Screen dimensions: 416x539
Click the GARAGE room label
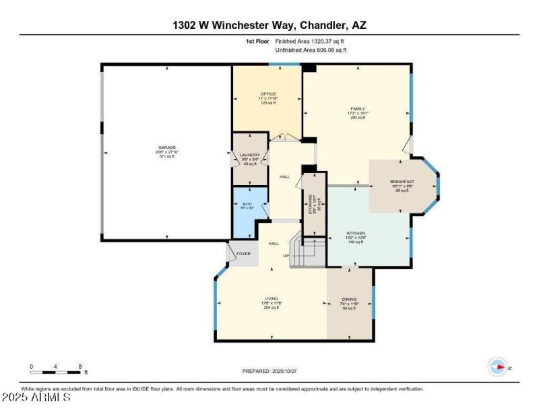pos(168,147)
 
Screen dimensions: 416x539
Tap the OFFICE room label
pos(269,94)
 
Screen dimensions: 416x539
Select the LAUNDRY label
pos(250,155)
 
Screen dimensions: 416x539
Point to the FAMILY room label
pos(357,108)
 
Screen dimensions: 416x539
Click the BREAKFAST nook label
pos(402,182)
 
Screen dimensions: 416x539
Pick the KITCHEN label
pos(356,233)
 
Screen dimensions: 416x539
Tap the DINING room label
pos(349,299)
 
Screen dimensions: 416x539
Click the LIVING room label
pos(271,298)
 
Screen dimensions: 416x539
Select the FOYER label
pos(243,254)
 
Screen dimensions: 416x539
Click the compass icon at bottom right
pos(497,367)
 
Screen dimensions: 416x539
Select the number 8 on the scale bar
pos(80,367)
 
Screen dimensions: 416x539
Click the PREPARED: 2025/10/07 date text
pos(269,371)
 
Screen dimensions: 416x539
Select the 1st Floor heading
pos(258,41)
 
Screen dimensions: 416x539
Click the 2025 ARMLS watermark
pos(36,398)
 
